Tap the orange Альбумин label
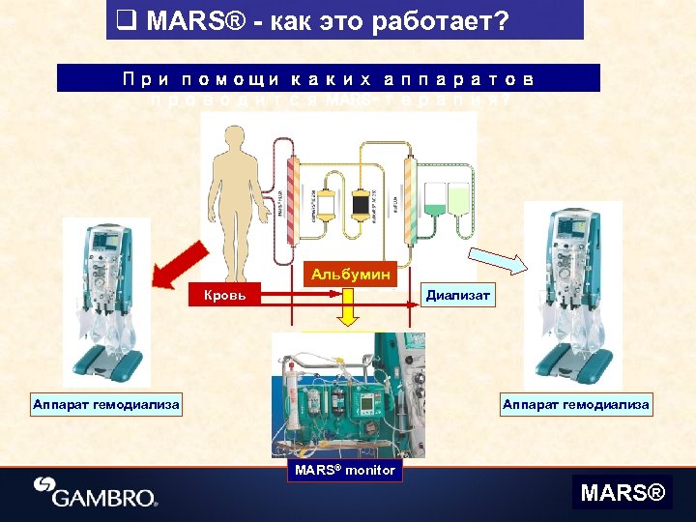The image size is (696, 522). coord(351,275)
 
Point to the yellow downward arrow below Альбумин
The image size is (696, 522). coord(349,313)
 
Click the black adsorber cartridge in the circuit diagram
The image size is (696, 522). coord(362,205)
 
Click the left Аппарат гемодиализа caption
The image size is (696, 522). coord(105,404)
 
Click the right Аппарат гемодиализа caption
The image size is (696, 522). coord(575,404)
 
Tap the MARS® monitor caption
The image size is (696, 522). coord(345,470)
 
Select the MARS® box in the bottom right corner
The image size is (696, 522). coord(623,493)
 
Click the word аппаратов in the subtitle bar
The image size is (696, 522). coord(459,77)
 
